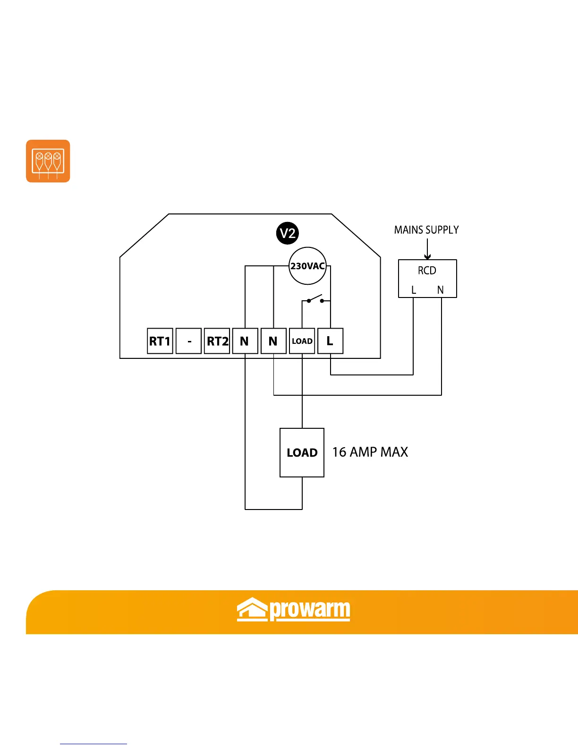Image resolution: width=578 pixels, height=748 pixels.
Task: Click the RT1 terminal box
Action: (160, 341)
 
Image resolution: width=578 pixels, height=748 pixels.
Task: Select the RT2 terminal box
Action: (217, 341)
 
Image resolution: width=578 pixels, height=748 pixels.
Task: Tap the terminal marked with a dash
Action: (189, 341)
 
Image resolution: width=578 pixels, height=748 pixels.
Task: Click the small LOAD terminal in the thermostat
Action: (302, 341)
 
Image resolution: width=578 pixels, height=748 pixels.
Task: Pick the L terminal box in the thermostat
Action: (330, 341)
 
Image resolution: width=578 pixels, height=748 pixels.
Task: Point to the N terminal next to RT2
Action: (245, 341)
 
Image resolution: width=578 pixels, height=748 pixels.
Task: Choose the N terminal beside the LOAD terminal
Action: (273, 341)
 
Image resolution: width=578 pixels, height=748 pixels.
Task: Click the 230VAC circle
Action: (307, 266)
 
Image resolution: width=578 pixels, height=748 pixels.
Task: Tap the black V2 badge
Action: (288, 233)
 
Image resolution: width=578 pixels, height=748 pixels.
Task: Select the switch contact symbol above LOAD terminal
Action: (315, 299)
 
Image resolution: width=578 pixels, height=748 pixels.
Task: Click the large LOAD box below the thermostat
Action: (302, 452)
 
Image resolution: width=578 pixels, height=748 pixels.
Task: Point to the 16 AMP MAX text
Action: (370, 452)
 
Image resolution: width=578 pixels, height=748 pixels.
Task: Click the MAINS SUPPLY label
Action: (426, 230)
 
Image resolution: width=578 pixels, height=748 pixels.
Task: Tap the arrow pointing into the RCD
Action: (427, 249)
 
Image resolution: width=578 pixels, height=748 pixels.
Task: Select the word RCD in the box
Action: (427, 271)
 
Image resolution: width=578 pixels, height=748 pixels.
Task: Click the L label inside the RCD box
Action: (414, 290)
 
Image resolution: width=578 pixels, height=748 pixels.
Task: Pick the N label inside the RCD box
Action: (441, 290)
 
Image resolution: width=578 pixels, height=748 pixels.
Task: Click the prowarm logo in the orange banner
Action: (293, 610)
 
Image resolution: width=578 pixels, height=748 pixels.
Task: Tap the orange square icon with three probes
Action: (48, 161)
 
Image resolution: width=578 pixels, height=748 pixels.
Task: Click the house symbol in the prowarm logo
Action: (252, 609)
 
